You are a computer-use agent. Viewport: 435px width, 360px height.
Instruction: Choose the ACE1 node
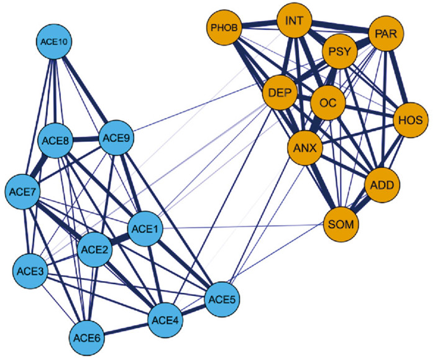147,230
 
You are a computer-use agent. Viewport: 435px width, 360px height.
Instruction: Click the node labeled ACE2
96,249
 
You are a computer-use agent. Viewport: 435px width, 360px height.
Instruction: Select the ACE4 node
166,321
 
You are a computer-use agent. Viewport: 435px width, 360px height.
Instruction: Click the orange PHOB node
224,28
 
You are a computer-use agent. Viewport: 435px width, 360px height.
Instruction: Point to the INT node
295,22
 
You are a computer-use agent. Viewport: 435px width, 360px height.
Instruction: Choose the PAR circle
387,32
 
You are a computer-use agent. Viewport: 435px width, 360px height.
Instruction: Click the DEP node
281,93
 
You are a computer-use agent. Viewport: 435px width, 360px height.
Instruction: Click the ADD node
381,185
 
